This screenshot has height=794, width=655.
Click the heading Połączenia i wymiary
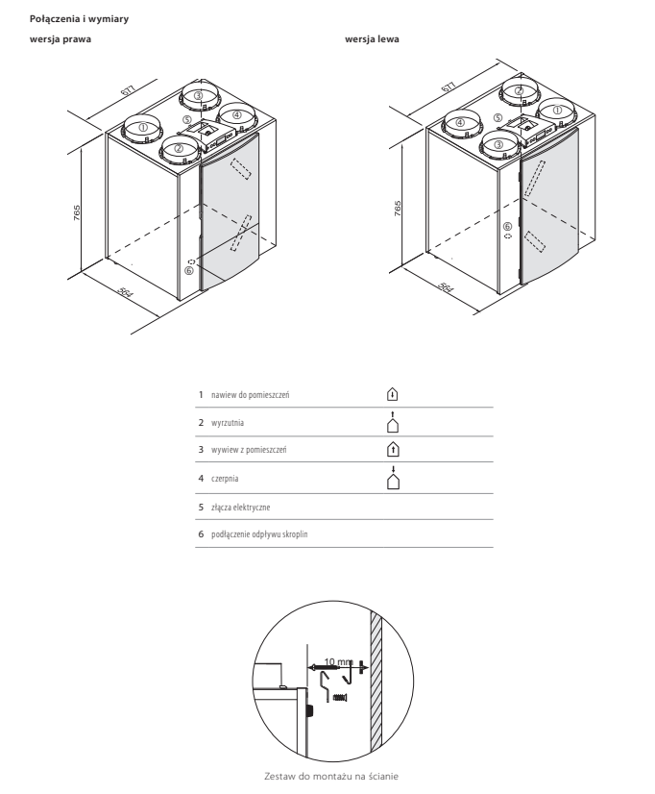pyautogui.click(x=79, y=19)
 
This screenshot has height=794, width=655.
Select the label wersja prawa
pyautogui.click(x=61, y=39)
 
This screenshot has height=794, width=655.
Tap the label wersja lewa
pyautogui.click(x=372, y=39)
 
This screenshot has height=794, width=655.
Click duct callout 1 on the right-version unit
pyautogui.click(x=143, y=128)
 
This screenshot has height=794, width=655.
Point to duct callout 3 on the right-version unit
pyautogui.click(x=198, y=95)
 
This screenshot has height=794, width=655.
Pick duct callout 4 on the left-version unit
pyautogui.click(x=460, y=122)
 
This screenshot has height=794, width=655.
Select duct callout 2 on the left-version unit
pyautogui.click(x=519, y=91)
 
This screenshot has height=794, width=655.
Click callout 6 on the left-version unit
pyautogui.click(x=507, y=226)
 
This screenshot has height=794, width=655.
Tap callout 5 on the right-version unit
pyautogui.click(x=187, y=120)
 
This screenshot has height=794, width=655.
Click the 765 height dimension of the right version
pyautogui.click(x=77, y=212)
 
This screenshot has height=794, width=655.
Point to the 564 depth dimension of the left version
pyautogui.click(x=445, y=287)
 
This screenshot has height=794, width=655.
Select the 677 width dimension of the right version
pyautogui.click(x=128, y=90)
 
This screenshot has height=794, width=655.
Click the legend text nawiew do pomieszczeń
pyautogui.click(x=251, y=395)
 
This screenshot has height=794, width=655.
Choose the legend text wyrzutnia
pyautogui.click(x=228, y=423)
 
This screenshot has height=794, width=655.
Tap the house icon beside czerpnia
pyautogui.click(x=393, y=478)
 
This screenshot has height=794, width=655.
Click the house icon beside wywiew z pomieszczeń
pyautogui.click(x=393, y=449)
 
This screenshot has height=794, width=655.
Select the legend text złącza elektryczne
pyautogui.click(x=241, y=508)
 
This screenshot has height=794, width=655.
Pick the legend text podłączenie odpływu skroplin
pyautogui.click(x=259, y=534)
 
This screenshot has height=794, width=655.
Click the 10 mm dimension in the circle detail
pyautogui.click(x=338, y=662)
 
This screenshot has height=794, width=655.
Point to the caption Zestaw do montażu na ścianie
pyautogui.click(x=331, y=777)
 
